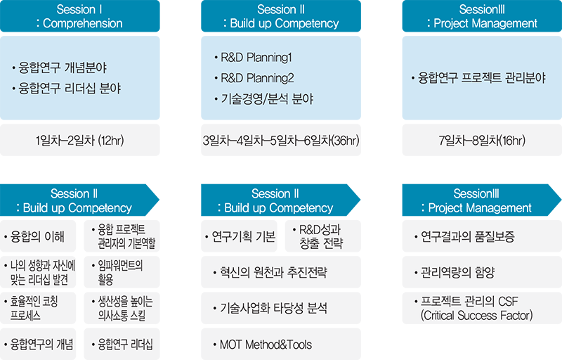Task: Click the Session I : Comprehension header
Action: (x=80, y=16)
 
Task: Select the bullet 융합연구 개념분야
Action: (x=60, y=67)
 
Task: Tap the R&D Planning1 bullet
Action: (x=253, y=58)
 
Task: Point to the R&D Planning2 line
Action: (x=254, y=78)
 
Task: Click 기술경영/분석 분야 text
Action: (x=264, y=98)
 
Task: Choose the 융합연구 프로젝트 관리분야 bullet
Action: (x=478, y=78)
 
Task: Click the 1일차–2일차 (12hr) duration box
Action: (x=80, y=140)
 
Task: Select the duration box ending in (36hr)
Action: (x=281, y=140)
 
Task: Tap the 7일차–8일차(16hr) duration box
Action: (x=482, y=140)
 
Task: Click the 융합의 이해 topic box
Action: (x=38, y=236)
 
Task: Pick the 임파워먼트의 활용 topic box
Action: (x=122, y=272)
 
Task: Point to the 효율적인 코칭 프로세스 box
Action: (x=38, y=308)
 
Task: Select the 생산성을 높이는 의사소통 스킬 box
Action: (x=122, y=308)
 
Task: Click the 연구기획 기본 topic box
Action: (x=239, y=236)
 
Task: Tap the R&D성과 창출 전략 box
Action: (x=323, y=236)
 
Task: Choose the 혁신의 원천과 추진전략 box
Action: (x=281, y=272)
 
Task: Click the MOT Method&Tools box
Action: (x=281, y=345)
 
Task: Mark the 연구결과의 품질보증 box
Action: (x=482, y=236)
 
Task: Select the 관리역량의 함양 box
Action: (x=482, y=272)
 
